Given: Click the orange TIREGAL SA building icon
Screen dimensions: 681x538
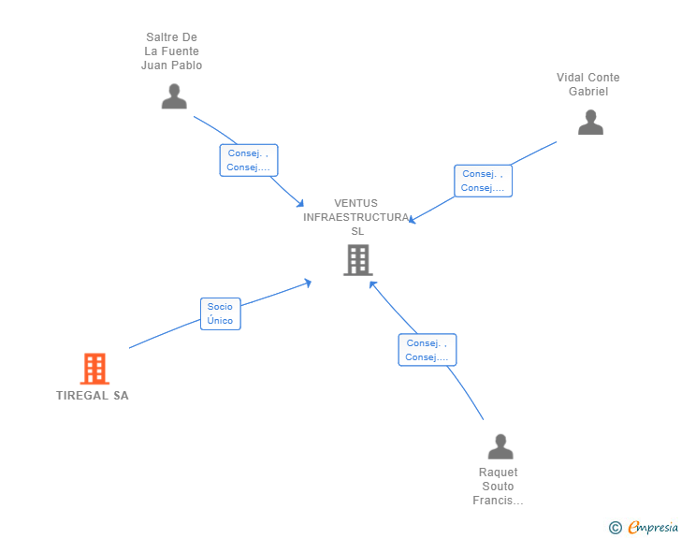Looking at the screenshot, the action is point(94,369).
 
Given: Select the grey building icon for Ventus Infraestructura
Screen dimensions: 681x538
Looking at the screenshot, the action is point(358,260).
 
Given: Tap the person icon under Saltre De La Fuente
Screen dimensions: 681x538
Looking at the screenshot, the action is point(174,96).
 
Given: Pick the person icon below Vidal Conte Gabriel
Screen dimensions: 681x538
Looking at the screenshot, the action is point(590,123).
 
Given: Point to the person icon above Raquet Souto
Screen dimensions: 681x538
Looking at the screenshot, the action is point(500,446).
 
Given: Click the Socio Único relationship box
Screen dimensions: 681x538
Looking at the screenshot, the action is point(220,313).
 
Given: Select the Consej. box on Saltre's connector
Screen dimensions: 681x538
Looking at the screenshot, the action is point(249,160).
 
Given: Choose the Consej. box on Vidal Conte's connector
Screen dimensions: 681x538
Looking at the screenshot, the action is point(483,181).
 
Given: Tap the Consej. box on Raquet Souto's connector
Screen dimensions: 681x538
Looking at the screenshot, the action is point(427,350).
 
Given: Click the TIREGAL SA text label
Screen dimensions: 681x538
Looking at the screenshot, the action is point(93,396).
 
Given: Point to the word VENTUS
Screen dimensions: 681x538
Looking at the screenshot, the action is point(355,203).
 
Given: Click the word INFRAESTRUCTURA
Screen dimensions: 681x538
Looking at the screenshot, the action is point(356,217).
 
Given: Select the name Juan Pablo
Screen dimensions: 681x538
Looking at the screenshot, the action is point(171,65).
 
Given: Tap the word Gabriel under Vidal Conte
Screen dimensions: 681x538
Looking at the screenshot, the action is point(588,92).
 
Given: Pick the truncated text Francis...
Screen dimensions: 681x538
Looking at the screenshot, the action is point(498,501).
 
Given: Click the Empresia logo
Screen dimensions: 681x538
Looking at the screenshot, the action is point(653,527).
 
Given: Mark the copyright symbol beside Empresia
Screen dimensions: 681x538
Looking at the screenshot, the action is point(615,528).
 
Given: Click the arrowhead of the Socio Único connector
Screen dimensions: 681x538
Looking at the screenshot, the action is point(308,283).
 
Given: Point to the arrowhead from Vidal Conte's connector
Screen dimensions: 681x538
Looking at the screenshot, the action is point(412,220).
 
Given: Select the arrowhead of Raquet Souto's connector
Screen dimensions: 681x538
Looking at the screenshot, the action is point(372,284).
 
